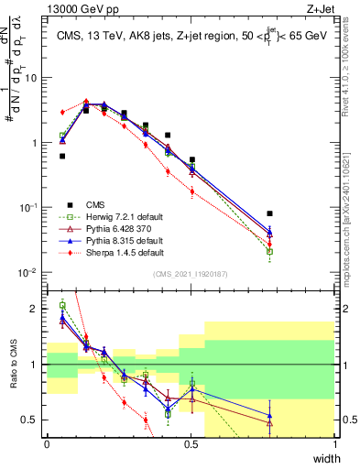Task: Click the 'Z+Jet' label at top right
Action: tap(319, 8)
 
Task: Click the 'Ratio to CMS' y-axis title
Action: tap(12, 365)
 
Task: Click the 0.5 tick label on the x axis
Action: tap(191, 443)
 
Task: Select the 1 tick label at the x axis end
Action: tap(335, 443)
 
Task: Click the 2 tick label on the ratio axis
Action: tap(37, 310)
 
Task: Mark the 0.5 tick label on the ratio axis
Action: tap(32, 420)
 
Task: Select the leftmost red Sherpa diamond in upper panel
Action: tap(62, 112)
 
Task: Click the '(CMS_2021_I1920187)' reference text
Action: tap(191, 274)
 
